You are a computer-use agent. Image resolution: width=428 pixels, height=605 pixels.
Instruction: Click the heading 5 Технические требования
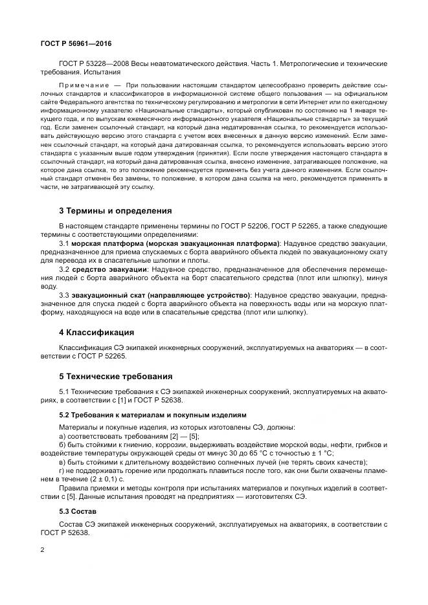point(117,376)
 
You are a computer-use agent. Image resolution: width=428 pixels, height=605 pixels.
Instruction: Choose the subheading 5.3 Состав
point(78,511)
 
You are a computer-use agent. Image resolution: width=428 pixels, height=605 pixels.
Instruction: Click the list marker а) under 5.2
point(62,437)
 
